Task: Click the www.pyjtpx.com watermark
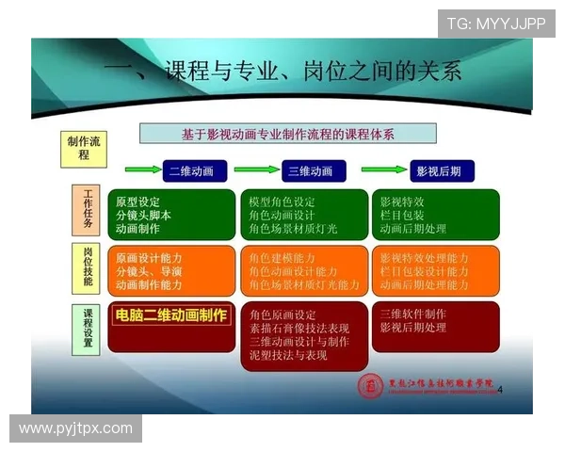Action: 75,428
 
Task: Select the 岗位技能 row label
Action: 89,267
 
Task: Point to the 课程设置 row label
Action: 89,327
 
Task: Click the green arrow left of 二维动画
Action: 141,170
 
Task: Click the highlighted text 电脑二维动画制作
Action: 170,315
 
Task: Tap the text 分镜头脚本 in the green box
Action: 143,215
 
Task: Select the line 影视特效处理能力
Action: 424,258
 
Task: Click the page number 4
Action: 500,389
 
